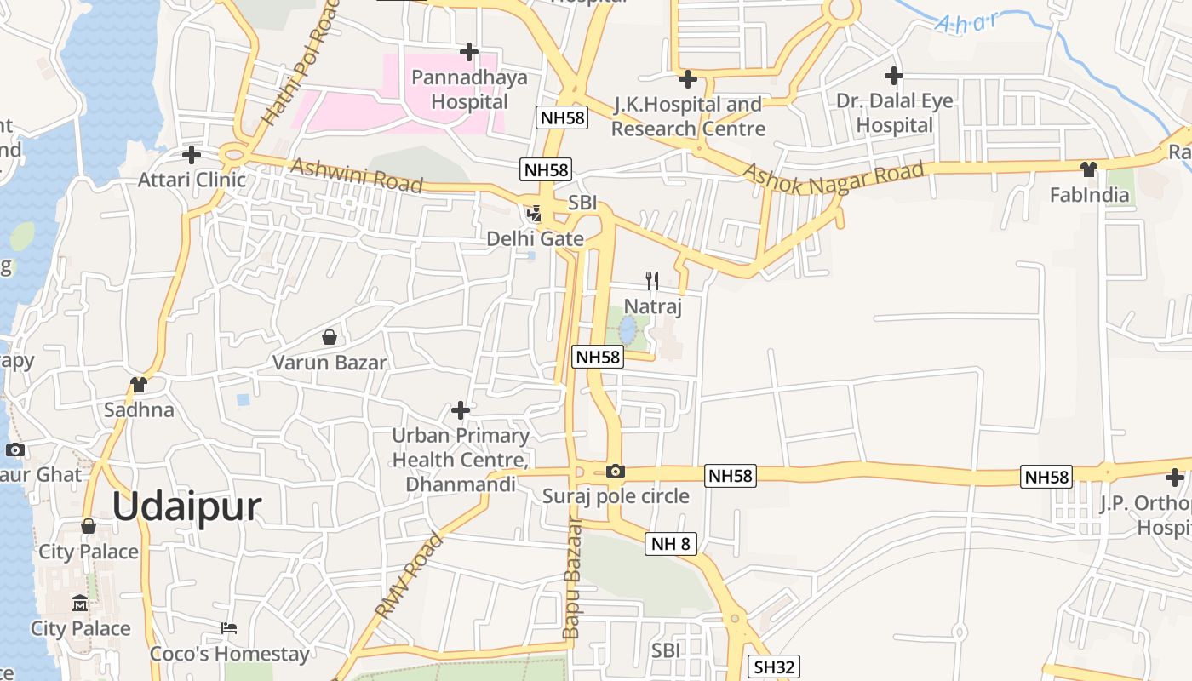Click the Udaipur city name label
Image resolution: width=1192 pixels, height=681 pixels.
click(x=186, y=506)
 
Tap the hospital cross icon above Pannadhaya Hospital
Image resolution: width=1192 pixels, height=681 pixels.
click(x=468, y=53)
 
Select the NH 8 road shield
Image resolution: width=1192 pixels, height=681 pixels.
click(x=671, y=543)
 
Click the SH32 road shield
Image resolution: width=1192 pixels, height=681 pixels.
click(x=773, y=667)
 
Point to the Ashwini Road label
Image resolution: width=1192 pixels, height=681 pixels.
click(x=357, y=175)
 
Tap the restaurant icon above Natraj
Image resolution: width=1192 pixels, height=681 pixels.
click(x=652, y=280)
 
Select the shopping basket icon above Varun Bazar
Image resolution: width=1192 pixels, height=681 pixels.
click(x=330, y=337)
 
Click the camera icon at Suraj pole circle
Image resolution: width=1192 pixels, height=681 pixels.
click(x=615, y=471)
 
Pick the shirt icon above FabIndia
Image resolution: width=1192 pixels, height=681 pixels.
click(x=1088, y=169)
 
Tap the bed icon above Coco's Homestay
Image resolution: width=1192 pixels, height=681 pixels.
click(x=228, y=628)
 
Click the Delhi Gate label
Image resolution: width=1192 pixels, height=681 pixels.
click(x=535, y=239)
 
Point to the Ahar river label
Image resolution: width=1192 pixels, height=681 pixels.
click(x=966, y=21)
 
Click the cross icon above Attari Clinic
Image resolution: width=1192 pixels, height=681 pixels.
click(x=192, y=155)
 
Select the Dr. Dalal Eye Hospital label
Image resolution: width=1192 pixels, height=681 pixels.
click(x=894, y=112)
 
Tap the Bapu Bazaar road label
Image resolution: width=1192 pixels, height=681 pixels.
click(x=572, y=579)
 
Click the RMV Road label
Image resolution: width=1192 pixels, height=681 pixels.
click(x=409, y=575)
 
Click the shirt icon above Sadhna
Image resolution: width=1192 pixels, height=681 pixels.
click(x=139, y=385)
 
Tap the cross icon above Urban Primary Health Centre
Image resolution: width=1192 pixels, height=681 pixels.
click(x=461, y=410)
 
